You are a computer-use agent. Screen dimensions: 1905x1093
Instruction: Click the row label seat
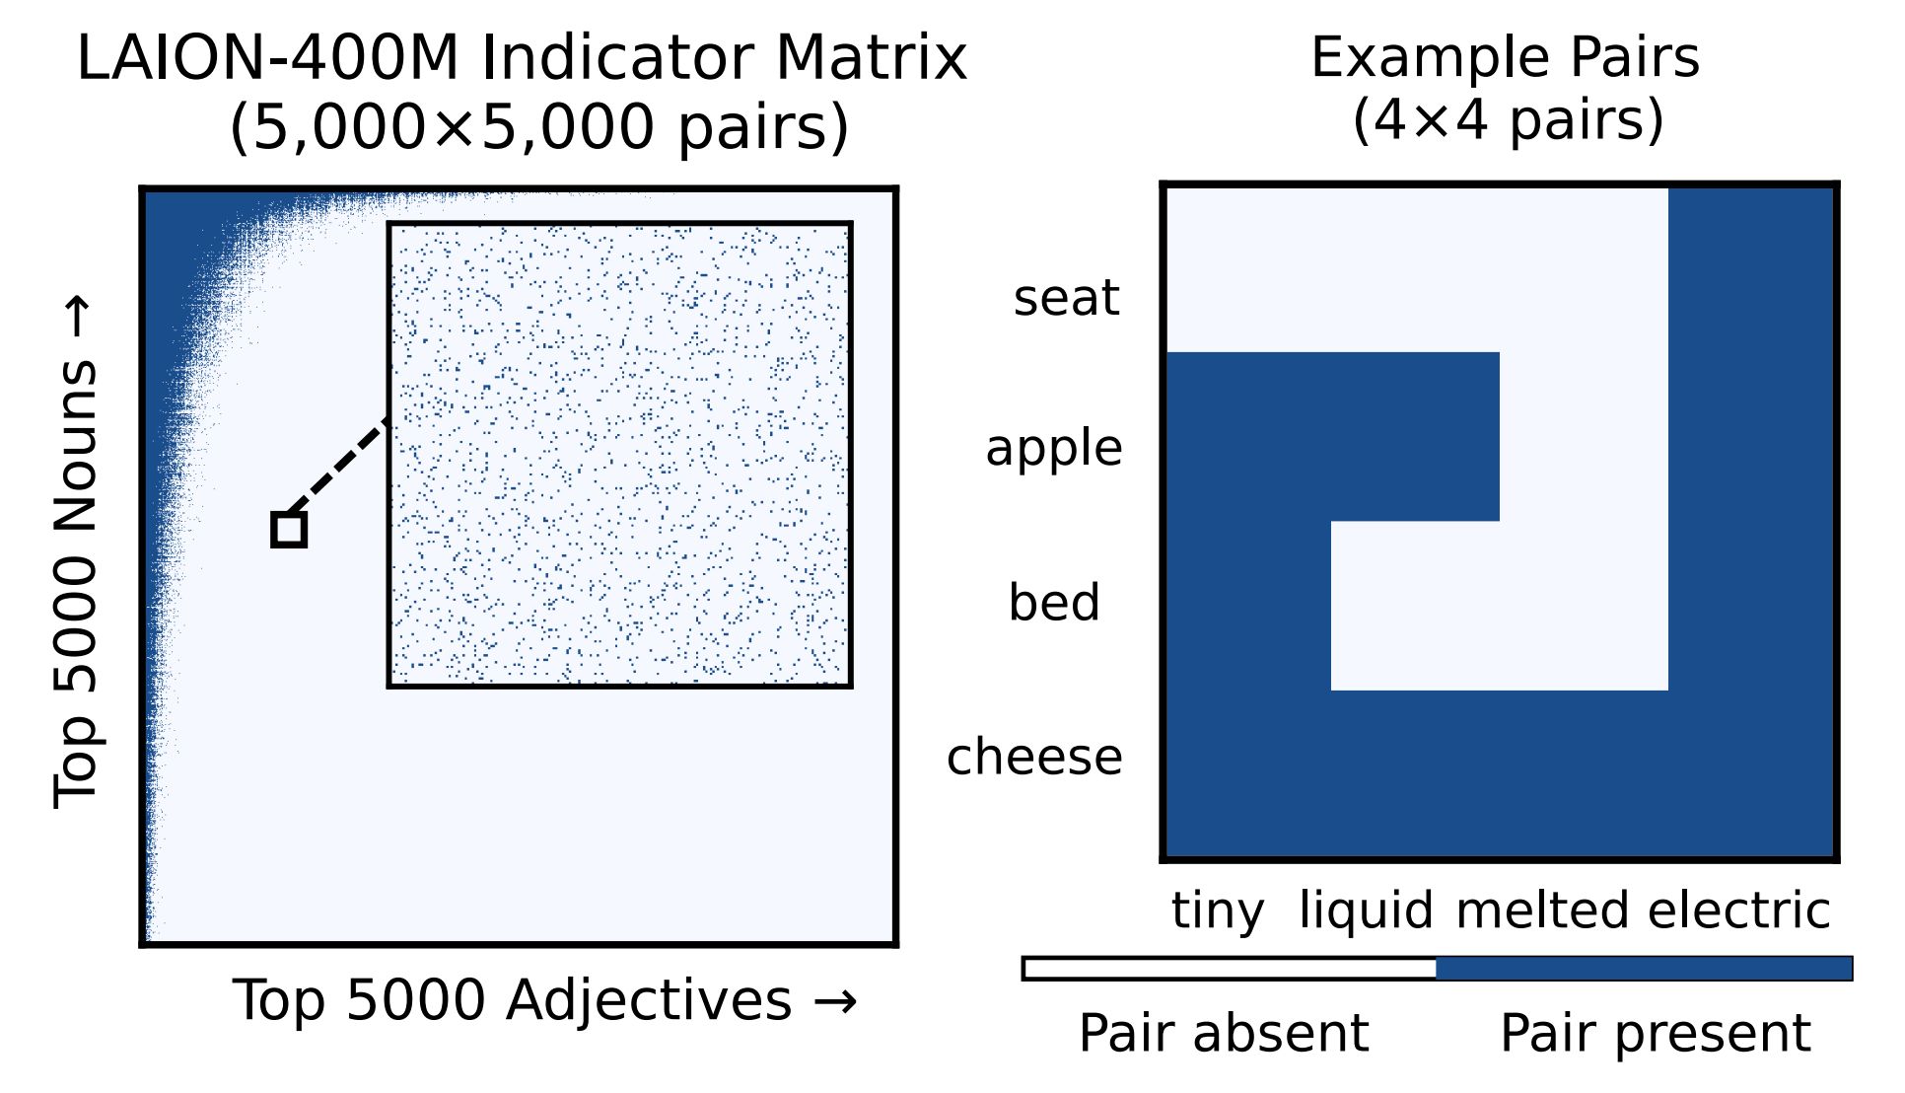tap(1067, 297)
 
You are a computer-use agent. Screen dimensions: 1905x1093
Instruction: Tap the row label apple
tap(1054, 450)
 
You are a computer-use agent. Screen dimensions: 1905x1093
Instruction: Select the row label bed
tap(1054, 602)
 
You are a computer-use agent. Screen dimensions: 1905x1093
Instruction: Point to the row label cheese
tap(1034, 757)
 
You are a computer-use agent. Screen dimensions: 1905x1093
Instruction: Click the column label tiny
tap(1218, 911)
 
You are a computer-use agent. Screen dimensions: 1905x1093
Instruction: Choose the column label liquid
tap(1366, 911)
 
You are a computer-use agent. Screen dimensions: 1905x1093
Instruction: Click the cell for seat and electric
tap(1752, 268)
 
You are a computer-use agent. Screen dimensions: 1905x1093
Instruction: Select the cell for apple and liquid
tap(1415, 436)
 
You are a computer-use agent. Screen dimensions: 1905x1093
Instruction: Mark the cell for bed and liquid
tap(1415, 605)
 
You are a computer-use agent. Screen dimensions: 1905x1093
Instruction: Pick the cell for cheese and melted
tap(1584, 773)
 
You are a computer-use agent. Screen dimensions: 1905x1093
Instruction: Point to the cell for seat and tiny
tap(1247, 268)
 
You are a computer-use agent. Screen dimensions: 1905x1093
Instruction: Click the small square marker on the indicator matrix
tap(289, 530)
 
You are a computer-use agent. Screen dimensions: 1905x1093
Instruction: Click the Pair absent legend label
tap(1224, 1034)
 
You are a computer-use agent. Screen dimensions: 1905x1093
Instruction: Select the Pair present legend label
tap(1656, 1034)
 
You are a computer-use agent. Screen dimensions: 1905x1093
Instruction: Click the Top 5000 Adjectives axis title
tap(545, 1001)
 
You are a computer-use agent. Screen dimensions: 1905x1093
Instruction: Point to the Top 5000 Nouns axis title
tap(76, 552)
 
